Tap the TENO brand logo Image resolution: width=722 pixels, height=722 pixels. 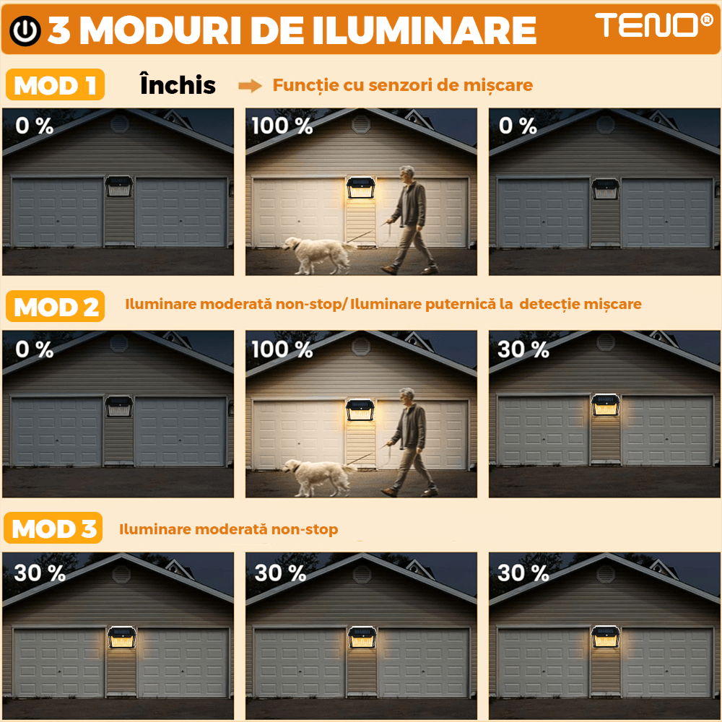click(654, 26)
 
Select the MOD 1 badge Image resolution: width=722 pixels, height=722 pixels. click(56, 86)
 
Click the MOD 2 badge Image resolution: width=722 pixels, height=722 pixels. click(56, 307)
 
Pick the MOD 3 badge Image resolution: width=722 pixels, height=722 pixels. click(54, 529)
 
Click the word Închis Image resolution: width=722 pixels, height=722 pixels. click(178, 85)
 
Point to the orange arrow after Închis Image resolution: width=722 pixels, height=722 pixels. click(250, 86)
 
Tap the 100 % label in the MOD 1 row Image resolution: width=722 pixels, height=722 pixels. click(282, 126)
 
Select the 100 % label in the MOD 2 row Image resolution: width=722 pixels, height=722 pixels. click(282, 350)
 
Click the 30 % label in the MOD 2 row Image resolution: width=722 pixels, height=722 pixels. click(523, 350)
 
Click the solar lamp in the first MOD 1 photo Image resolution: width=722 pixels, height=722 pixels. click(118, 187)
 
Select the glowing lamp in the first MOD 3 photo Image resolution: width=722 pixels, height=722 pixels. click(122, 638)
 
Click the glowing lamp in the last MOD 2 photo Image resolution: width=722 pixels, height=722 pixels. click(604, 406)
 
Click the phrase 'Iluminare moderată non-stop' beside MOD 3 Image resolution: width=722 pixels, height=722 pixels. click(228, 530)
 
